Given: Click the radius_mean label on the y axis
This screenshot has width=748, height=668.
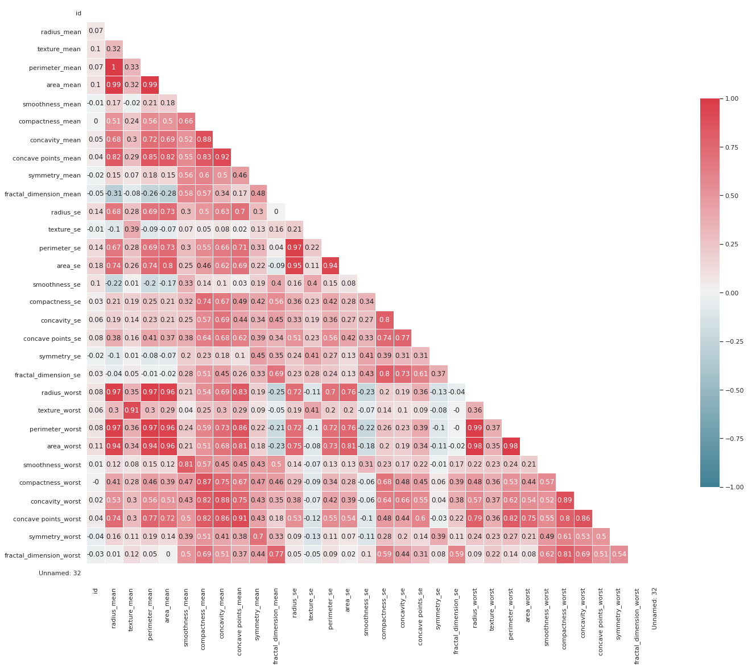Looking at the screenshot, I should (61, 32).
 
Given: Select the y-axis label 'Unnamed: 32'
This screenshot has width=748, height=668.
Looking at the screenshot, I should (60, 573).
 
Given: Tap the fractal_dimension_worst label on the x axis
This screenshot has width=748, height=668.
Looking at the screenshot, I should (637, 625).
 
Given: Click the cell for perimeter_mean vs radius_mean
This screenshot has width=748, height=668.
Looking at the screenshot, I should (114, 67).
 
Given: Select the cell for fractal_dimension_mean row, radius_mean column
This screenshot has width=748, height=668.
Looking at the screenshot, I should (114, 194).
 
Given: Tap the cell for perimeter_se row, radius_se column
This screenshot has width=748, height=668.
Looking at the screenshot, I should (295, 248).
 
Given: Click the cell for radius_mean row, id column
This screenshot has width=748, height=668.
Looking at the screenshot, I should (96, 31).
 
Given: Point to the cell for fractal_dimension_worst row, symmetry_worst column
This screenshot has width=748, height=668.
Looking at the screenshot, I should (619, 555).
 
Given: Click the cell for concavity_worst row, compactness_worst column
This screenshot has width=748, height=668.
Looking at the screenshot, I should (565, 501).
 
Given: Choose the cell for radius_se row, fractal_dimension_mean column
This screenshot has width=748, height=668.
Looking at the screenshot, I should (276, 212).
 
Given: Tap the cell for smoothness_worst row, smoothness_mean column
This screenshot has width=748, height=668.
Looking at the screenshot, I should (186, 464).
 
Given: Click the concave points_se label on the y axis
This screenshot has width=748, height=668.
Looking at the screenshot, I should (52, 339).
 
